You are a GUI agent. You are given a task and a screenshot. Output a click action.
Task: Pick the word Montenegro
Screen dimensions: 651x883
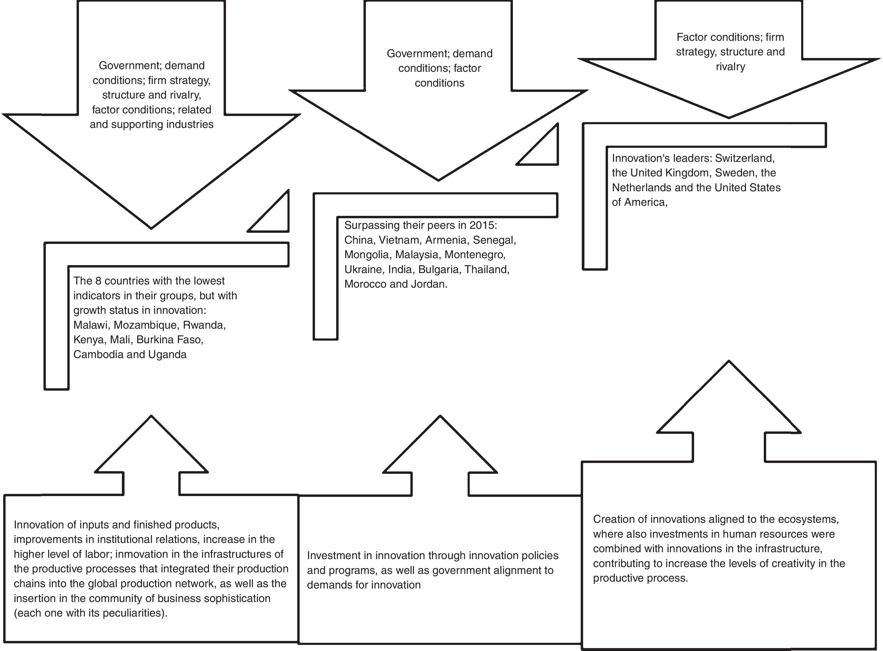474,255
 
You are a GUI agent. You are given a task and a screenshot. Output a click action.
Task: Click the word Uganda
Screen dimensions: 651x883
167,355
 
